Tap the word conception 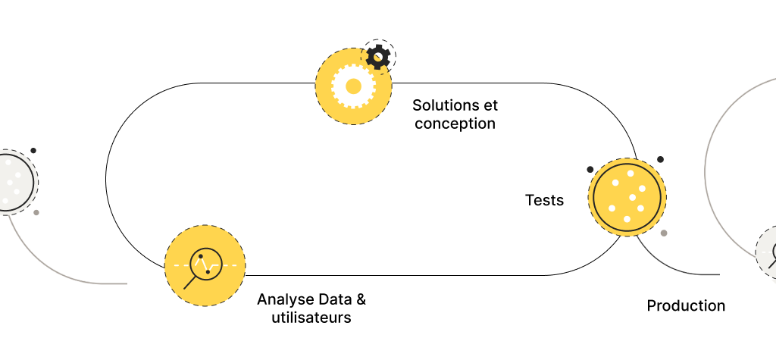click(x=455, y=124)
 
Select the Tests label click(x=544, y=201)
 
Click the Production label click(x=686, y=306)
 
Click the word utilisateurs click(x=311, y=318)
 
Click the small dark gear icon click(x=378, y=56)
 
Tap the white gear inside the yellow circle click(x=352, y=86)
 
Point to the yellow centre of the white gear click(x=352, y=86)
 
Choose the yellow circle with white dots click(x=627, y=197)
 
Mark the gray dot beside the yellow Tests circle click(x=664, y=233)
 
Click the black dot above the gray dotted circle click(x=33, y=151)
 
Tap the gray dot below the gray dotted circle click(x=36, y=212)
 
